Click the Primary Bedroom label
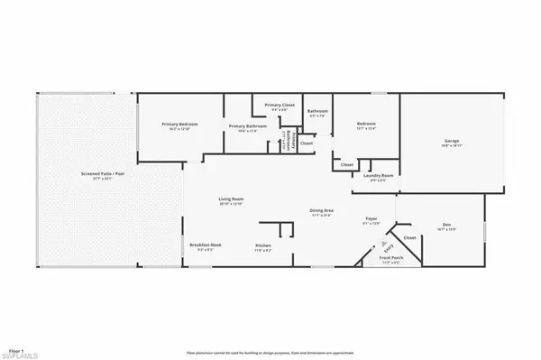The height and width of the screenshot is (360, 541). click(179, 124)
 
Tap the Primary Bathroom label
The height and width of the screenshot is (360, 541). click(247, 126)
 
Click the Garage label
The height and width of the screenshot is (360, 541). click(451, 141)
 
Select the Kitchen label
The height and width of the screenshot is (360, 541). click(263, 245)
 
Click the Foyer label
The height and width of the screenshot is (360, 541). click(370, 219)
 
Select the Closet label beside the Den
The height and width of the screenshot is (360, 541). click(409, 238)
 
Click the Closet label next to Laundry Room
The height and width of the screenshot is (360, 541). click(347, 164)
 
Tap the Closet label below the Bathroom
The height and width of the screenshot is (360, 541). click(307, 143)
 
